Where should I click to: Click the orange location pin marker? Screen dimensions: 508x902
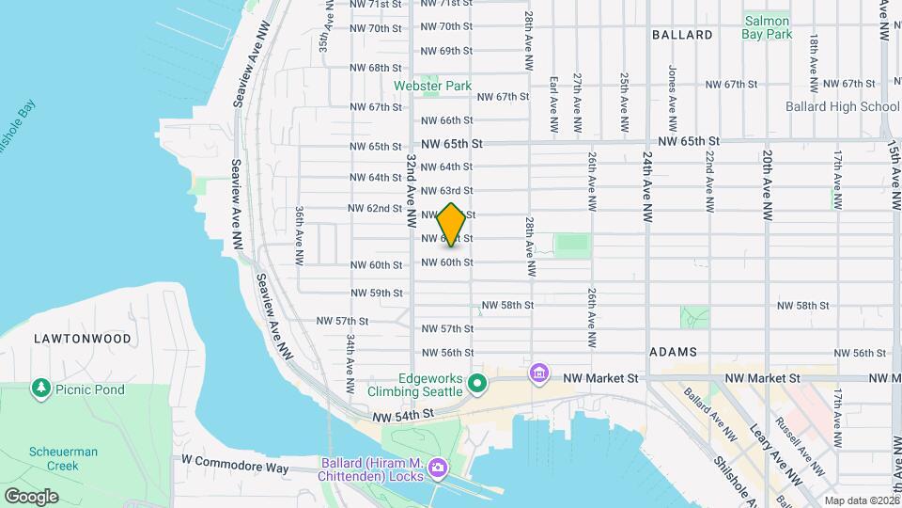[x=452, y=225]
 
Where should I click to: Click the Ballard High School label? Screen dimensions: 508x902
[x=842, y=106]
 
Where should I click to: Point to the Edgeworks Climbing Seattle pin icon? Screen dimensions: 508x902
[x=477, y=382]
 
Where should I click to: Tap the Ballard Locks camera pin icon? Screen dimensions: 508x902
[x=437, y=468]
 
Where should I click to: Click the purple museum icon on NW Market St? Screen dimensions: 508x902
[x=538, y=374]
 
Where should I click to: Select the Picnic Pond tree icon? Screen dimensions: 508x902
[x=40, y=388]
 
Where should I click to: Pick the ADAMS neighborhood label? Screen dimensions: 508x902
[x=672, y=351]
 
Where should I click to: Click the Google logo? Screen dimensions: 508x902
[x=31, y=496]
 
